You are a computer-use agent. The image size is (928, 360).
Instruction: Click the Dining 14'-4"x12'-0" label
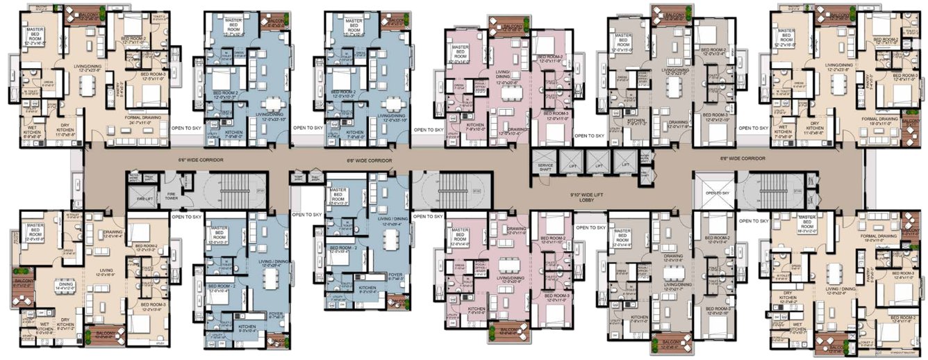65,284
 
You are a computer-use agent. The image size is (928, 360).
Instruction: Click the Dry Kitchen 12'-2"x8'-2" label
789,298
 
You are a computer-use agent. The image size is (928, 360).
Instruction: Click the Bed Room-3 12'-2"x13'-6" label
151,306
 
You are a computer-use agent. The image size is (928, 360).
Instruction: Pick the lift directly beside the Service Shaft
572,161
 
